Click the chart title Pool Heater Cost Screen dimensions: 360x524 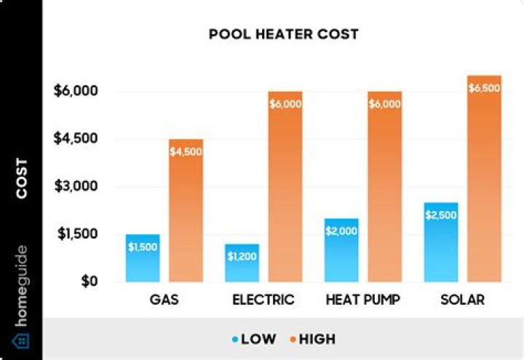tap(284, 34)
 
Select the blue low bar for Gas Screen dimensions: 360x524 tap(143, 258)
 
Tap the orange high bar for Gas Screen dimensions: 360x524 tap(186, 211)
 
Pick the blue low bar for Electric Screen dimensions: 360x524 tap(242, 263)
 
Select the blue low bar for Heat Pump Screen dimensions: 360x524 tap(341, 251)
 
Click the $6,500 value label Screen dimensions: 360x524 tap(484, 88)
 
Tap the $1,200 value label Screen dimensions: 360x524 tap(242, 256)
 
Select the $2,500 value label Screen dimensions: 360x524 tap(441, 215)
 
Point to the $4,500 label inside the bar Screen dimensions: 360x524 tap(186, 151)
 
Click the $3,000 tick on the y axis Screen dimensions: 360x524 tap(76, 186)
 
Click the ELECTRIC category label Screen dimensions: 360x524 tap(263, 300)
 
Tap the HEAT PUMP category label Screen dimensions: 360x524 tap(363, 300)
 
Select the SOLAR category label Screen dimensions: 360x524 tap(462, 300)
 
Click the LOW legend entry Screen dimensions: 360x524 tap(255, 339)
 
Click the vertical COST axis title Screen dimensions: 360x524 tap(22, 179)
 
